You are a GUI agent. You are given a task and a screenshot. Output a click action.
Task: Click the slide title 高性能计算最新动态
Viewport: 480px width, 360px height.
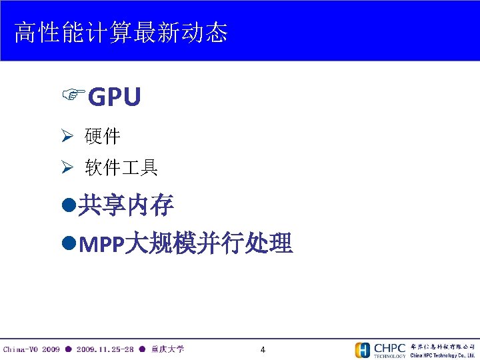(121, 32)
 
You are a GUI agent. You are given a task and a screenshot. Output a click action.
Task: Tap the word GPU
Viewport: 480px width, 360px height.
(114, 97)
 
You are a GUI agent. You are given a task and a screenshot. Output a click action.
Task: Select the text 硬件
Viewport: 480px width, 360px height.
(103, 137)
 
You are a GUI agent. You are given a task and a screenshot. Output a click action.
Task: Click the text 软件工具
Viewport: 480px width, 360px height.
(121, 168)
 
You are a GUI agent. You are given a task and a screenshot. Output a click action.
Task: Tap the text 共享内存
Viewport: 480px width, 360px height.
(126, 207)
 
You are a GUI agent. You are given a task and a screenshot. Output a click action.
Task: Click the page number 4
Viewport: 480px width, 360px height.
(263, 350)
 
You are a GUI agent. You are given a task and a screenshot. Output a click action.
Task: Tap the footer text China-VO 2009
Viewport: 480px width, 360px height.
(31, 349)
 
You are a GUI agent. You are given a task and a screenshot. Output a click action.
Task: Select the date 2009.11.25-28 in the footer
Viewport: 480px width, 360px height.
(105, 349)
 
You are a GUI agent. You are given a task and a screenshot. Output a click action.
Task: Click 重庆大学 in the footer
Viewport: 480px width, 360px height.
(168, 349)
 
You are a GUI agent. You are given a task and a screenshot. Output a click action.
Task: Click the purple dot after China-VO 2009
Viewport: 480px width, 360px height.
(68, 349)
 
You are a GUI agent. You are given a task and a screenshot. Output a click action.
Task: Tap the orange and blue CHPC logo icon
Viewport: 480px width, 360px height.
(363, 350)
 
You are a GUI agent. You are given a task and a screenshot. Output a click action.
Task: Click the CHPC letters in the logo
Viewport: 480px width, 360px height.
(389, 348)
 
